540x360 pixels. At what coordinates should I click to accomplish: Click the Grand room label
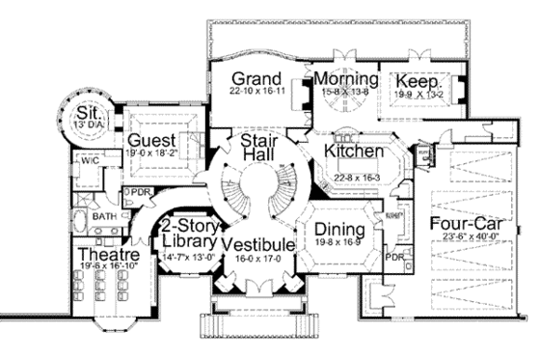click(256, 78)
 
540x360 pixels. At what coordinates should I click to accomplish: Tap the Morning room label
click(341, 78)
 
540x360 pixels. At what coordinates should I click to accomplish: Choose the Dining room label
click(335, 230)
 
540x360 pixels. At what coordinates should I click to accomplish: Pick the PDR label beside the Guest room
click(142, 191)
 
